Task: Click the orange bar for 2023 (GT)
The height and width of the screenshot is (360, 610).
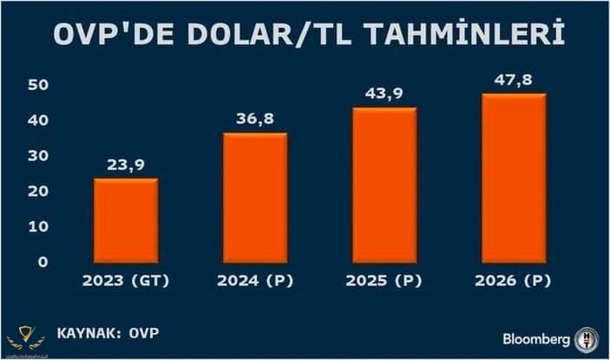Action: [126, 220]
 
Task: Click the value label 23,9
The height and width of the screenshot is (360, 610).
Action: [125, 164]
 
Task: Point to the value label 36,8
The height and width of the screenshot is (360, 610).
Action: [254, 118]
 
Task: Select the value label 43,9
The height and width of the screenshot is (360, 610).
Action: [384, 93]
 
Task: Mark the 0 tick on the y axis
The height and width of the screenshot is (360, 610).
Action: [41, 262]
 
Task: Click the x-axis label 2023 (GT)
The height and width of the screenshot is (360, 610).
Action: [125, 281]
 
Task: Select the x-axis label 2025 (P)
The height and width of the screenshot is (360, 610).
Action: [384, 281]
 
